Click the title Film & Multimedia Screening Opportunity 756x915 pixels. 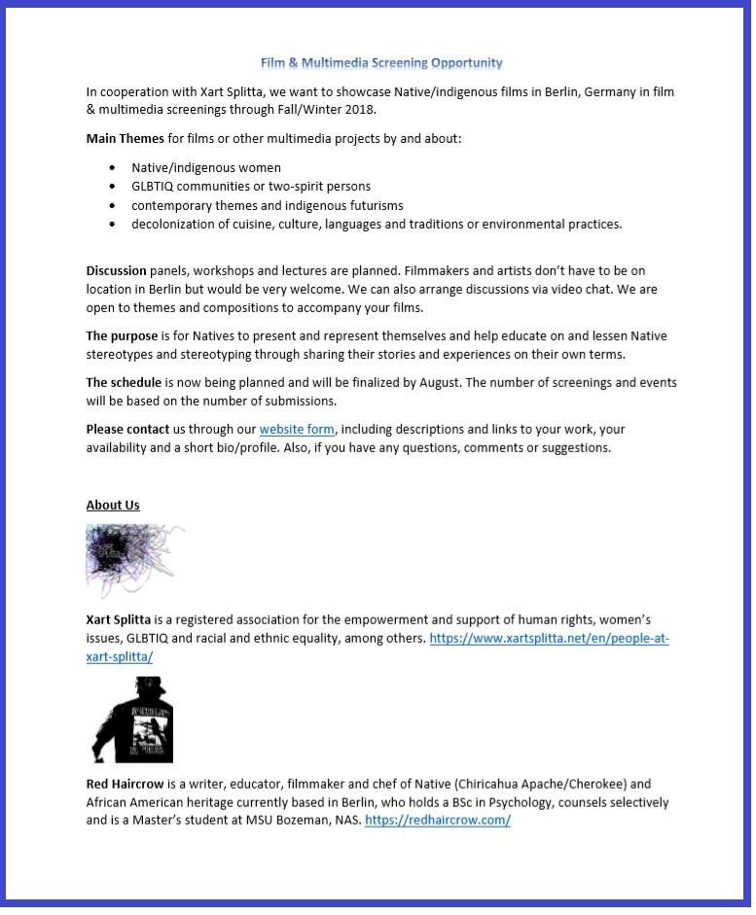tap(381, 63)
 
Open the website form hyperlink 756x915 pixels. tap(297, 429)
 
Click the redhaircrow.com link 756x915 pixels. tap(438, 820)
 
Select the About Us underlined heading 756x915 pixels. tap(113, 505)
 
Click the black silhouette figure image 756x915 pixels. tap(132, 720)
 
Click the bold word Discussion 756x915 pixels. tap(116, 270)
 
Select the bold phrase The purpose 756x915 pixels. tap(122, 336)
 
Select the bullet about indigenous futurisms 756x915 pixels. tap(268, 205)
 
